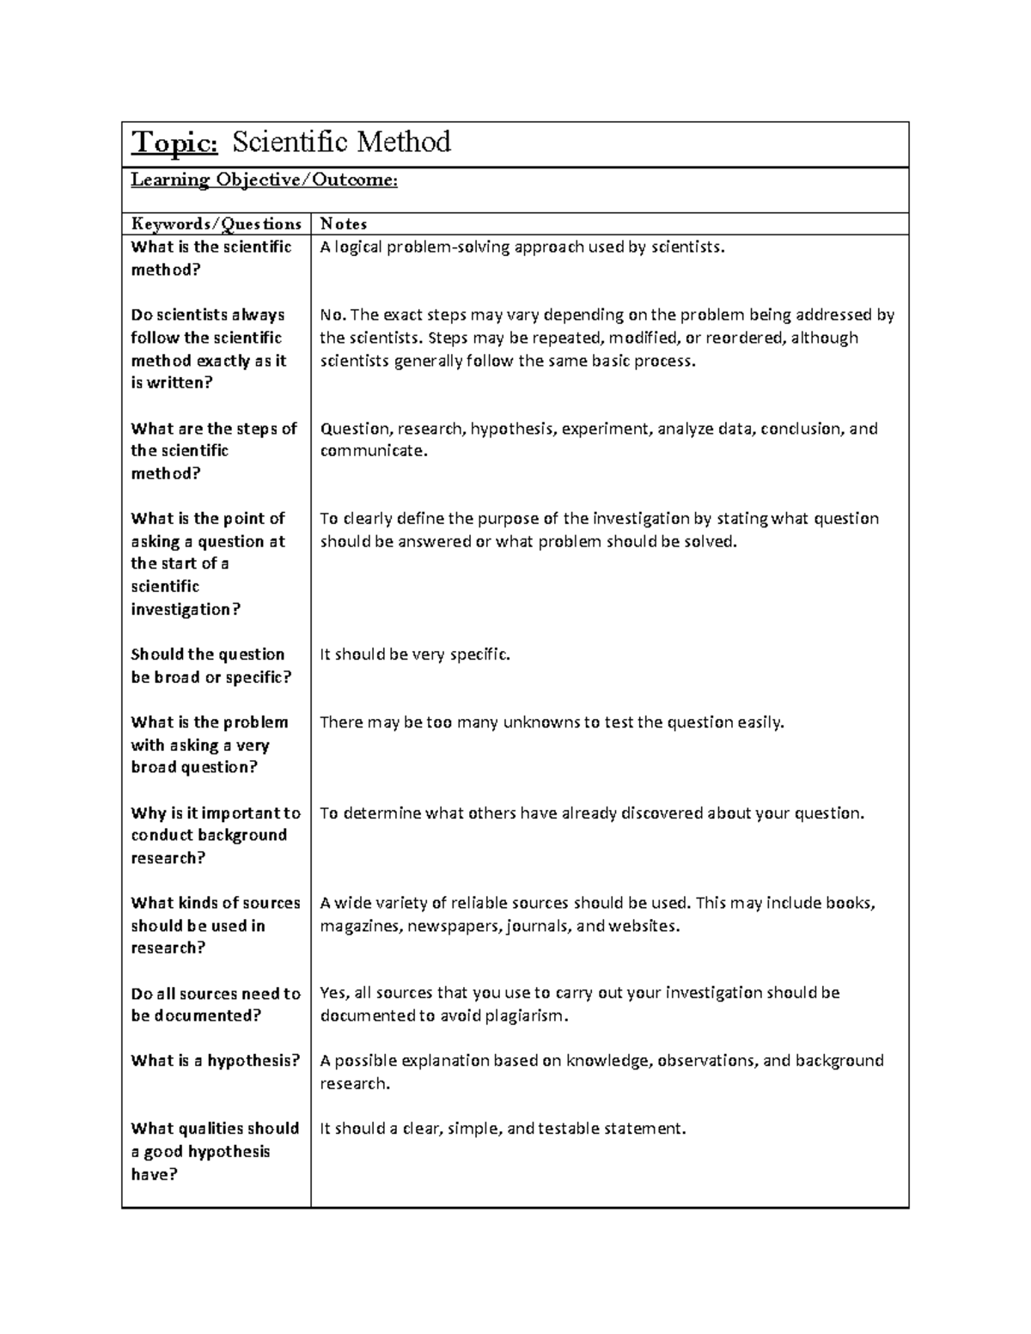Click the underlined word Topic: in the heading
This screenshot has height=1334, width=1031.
(x=174, y=142)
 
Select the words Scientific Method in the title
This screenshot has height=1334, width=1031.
(x=341, y=142)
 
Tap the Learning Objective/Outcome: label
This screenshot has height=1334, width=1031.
(x=264, y=180)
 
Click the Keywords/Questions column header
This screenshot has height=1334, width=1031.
(x=216, y=224)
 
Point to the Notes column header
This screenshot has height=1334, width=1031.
(x=343, y=224)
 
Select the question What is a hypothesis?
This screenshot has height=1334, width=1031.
(x=215, y=1061)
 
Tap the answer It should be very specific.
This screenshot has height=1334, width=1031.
(x=415, y=655)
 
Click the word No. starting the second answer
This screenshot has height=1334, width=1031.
(x=332, y=315)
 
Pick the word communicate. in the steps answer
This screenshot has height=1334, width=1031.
(x=373, y=451)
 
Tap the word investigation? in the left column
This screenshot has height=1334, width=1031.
(x=185, y=610)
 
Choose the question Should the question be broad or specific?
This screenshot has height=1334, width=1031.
(x=210, y=666)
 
